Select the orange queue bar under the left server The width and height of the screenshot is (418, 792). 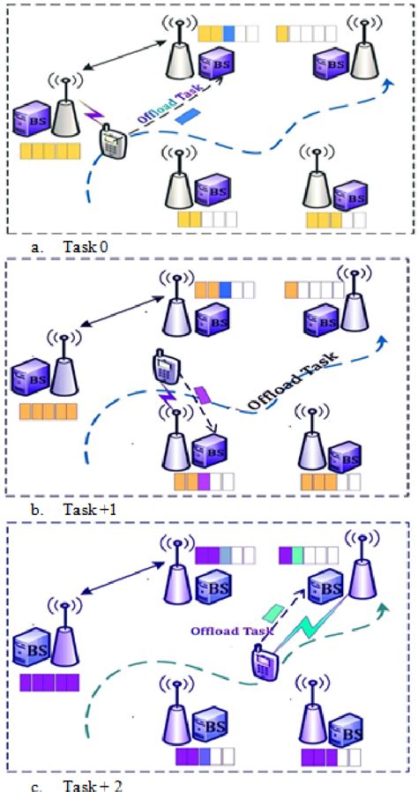pos(49,410)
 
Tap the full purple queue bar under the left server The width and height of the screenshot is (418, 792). pos(49,681)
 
